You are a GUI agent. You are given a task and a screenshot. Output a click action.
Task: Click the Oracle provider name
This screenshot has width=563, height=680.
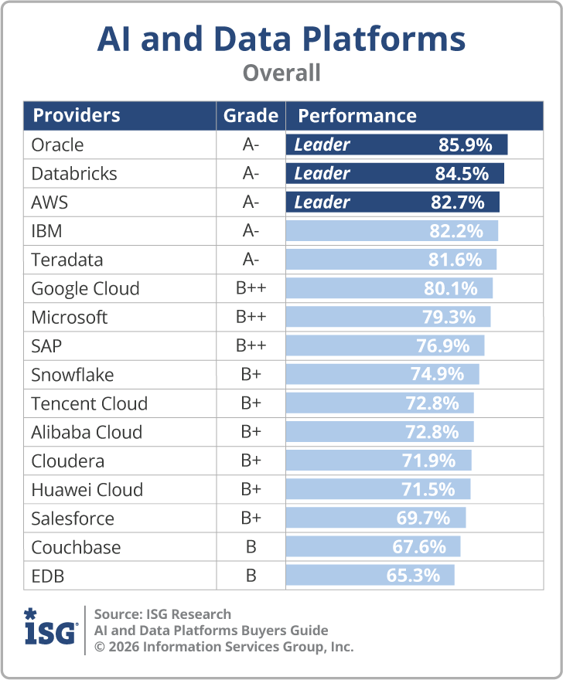tap(57, 145)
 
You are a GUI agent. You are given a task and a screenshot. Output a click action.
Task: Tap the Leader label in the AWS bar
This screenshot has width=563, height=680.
tap(322, 202)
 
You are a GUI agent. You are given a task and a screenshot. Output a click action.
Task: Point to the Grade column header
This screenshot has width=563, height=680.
tap(251, 116)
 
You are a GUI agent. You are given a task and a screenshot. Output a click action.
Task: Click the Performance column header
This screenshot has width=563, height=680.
tap(357, 116)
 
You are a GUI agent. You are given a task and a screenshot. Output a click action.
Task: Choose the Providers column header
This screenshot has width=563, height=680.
tap(76, 116)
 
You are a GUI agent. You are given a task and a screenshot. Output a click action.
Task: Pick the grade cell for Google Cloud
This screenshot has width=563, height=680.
tap(251, 289)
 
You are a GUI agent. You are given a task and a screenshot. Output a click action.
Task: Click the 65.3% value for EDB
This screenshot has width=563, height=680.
tap(412, 576)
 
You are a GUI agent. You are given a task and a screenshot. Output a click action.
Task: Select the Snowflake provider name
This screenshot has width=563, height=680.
tap(72, 376)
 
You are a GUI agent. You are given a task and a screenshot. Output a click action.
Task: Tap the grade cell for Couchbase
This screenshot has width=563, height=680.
tap(251, 548)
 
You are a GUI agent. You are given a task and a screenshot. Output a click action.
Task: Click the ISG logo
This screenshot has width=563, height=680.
tap(50, 629)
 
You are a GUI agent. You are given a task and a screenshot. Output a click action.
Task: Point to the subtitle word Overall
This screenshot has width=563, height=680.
tap(281, 73)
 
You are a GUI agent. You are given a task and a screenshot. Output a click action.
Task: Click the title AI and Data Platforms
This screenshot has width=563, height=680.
tap(281, 39)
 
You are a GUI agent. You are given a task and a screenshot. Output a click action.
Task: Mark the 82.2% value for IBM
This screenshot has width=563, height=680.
tap(456, 231)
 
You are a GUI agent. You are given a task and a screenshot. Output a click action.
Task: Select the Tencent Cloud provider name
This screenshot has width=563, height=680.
tap(89, 404)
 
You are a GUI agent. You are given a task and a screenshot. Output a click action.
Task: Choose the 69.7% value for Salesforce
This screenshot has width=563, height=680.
tap(423, 518)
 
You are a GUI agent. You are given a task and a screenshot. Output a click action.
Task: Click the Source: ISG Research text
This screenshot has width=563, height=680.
tap(162, 614)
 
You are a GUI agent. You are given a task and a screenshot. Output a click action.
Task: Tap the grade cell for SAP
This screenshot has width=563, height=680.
tap(251, 346)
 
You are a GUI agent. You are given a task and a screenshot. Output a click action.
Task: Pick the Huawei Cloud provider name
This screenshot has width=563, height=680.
tap(87, 490)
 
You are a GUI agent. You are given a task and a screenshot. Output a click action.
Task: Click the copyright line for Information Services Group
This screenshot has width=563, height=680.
tap(223, 647)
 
